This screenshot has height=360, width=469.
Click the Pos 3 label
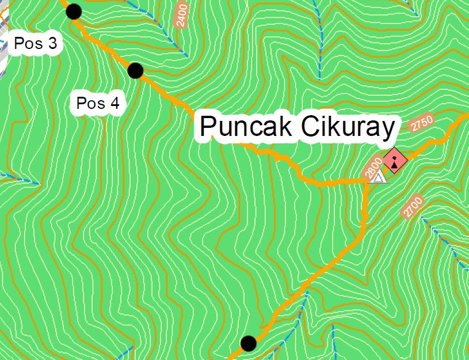click(36, 44)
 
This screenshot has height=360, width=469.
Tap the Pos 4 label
click(98, 104)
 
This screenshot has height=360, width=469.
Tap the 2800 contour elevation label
click(373, 168)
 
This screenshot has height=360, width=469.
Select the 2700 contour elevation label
click(413, 207)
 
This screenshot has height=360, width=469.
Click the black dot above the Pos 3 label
click(74, 11)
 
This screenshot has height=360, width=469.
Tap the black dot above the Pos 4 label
click(135, 70)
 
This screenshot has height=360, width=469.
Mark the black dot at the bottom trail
click(248, 343)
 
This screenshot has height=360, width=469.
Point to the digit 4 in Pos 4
click(114, 104)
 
